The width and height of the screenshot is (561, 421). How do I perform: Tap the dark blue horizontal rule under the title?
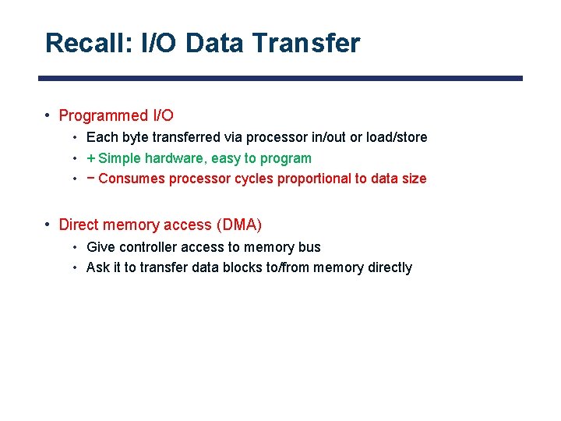(x=280, y=78)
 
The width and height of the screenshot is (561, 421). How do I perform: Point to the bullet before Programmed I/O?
(x=48, y=115)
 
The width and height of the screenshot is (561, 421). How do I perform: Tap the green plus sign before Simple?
(x=91, y=158)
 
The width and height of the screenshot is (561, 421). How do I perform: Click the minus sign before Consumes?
(x=91, y=179)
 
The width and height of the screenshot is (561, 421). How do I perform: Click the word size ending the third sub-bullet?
(x=413, y=179)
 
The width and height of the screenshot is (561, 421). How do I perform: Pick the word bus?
(x=309, y=247)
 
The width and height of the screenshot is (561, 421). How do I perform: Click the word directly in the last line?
(x=388, y=267)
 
